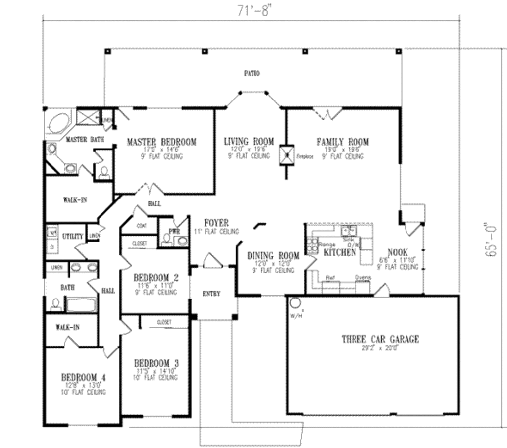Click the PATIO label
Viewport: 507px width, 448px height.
pyautogui.click(x=252, y=73)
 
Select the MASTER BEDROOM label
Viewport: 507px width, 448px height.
pyautogui.click(x=161, y=142)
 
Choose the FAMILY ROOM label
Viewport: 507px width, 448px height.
pyautogui.click(x=343, y=142)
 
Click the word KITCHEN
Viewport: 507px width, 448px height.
pyautogui.click(x=340, y=252)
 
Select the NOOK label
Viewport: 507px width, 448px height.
pyautogui.click(x=398, y=252)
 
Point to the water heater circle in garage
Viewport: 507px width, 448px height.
pyautogui.click(x=295, y=302)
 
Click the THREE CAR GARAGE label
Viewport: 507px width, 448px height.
pyautogui.click(x=380, y=339)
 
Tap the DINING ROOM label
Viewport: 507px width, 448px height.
pyautogui.click(x=273, y=256)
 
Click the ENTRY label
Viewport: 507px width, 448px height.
pyautogui.click(x=211, y=294)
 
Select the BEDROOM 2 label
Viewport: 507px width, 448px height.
pyautogui.click(x=156, y=277)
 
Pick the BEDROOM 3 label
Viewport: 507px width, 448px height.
pyautogui.click(x=156, y=363)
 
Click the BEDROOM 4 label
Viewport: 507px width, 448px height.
pyautogui.click(x=83, y=377)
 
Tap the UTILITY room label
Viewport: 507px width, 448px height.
pyautogui.click(x=72, y=237)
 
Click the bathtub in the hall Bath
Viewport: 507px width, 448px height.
pyautogui.click(x=80, y=303)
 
